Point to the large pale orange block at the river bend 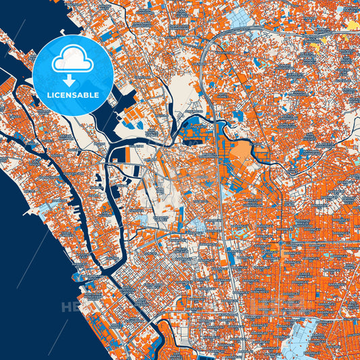[240, 153]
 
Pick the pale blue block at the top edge [240, 15]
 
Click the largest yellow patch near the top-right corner [353, 25]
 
